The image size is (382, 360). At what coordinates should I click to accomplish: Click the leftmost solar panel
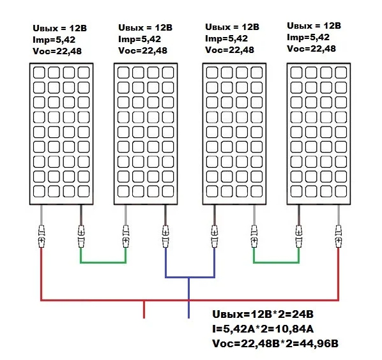pos(61,134)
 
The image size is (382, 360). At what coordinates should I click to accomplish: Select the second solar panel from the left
pos(146,134)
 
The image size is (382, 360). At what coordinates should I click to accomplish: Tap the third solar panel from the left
pos(233,134)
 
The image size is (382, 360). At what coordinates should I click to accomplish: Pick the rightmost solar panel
pos(319,134)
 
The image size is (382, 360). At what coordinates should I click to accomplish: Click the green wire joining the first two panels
pos(103,262)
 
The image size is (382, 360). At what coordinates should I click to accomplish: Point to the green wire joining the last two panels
pos(276,262)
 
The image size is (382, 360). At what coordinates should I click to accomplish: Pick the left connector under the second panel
pos(126,237)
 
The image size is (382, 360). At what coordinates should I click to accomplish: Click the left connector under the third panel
pos(214,237)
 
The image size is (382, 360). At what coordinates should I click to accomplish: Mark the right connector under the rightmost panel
pos(338,237)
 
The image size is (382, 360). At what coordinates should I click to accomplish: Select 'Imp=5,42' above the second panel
pos(137,40)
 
